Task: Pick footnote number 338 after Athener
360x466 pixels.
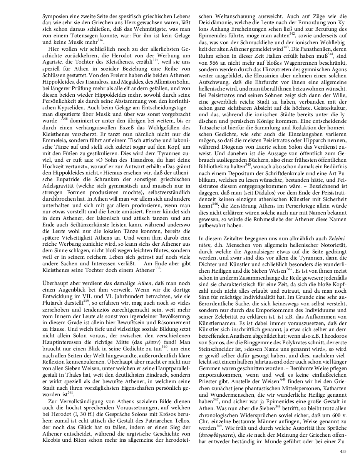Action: click(157, 268)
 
